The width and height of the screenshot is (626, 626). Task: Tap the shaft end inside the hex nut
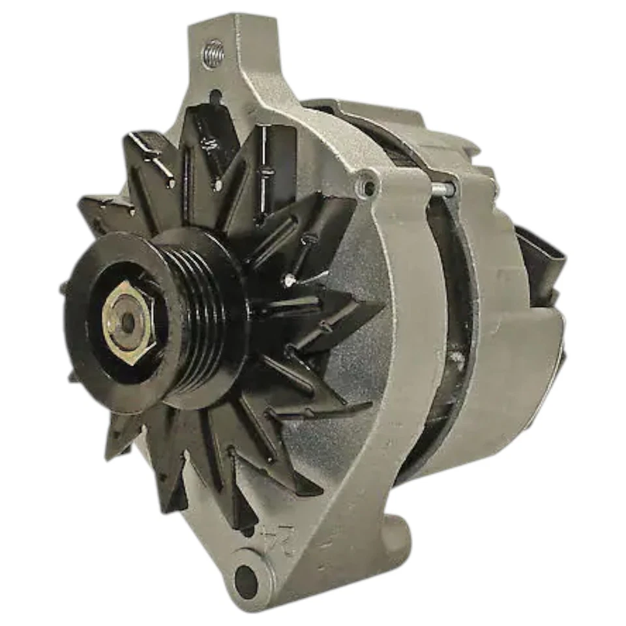(128, 321)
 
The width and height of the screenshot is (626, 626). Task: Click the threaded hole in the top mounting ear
(213, 54)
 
